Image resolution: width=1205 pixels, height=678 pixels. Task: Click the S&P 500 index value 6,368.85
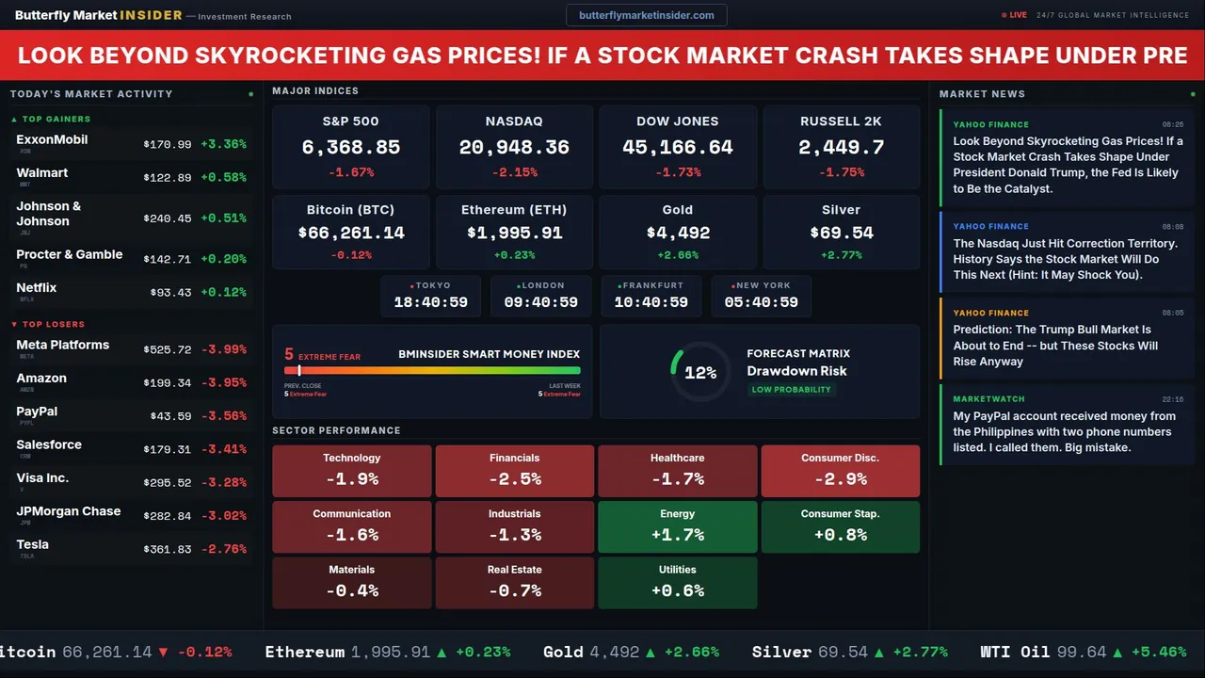350,148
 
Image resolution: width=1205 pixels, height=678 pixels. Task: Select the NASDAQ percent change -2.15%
514,172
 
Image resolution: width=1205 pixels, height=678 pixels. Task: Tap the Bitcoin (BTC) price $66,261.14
350,233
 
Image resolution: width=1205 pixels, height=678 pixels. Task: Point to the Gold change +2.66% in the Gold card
677,255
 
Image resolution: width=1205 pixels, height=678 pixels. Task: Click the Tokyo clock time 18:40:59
430,302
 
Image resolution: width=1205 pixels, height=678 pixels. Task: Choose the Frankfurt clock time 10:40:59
651,302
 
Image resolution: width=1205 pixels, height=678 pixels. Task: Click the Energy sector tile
677,526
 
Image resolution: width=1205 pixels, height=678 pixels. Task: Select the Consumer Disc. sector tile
840,471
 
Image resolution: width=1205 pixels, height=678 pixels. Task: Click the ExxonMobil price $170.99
168,145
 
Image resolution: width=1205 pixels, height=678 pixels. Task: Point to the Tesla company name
33,544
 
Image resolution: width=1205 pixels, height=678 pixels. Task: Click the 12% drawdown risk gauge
699,372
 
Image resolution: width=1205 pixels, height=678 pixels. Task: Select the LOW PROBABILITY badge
791,390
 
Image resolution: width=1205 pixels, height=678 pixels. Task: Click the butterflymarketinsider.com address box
646,15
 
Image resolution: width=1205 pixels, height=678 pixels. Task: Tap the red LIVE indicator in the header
1015,15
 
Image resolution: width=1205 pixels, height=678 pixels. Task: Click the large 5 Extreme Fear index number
289,355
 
